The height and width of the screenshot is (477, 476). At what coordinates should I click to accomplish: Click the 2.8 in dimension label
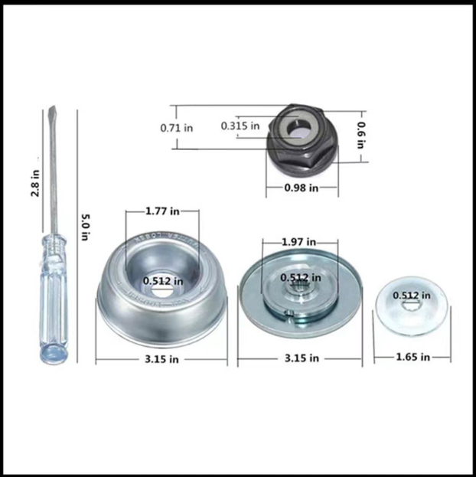[x=35, y=184]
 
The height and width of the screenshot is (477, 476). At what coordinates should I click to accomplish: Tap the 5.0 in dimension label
[x=86, y=227]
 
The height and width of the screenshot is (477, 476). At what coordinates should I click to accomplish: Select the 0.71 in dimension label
[x=177, y=128]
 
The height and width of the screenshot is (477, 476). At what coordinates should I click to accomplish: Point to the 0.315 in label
[x=240, y=126]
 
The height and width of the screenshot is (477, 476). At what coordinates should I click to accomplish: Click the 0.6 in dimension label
[x=361, y=136]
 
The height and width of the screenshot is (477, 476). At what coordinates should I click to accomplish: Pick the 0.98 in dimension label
[x=302, y=188]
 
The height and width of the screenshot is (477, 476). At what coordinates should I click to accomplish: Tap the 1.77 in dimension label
[x=162, y=211]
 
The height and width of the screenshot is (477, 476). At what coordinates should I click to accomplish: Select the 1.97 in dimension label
[x=299, y=242]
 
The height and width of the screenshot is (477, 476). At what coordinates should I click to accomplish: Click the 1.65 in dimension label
[x=413, y=357]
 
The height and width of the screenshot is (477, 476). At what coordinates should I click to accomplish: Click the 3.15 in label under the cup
[x=161, y=359]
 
